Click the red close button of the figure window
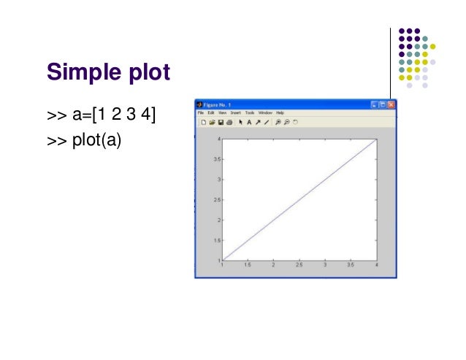[x=391, y=104]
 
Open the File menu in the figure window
[x=200, y=113]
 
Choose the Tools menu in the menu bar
[x=250, y=113]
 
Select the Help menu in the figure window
[x=280, y=113]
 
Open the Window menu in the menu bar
[x=265, y=113]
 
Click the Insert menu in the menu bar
[x=236, y=113]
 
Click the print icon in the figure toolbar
[x=229, y=123]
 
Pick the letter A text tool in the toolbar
[x=248, y=123]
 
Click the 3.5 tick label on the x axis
[x=350, y=265]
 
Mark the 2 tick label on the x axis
[x=273, y=265]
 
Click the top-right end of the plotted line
[x=375, y=139]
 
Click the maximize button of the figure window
[x=382, y=104]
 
